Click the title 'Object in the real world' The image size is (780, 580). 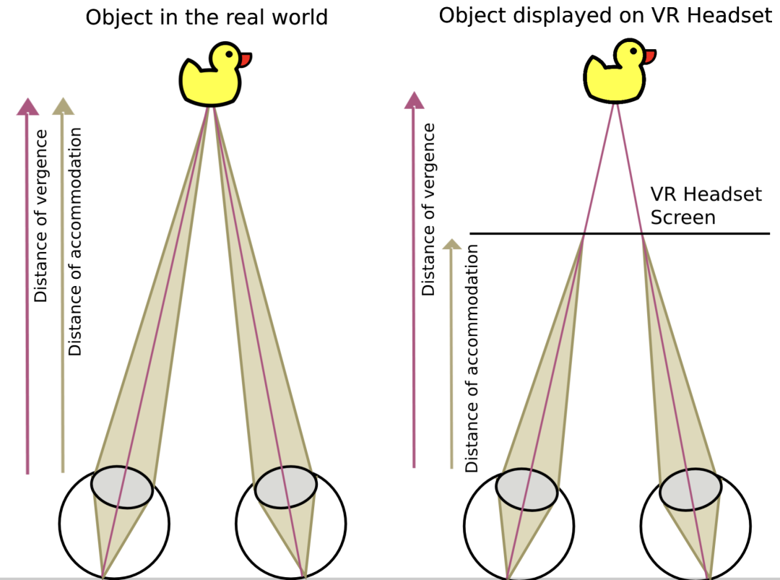(x=207, y=17)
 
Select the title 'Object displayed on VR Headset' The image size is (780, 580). (x=605, y=15)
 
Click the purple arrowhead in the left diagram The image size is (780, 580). (x=27, y=105)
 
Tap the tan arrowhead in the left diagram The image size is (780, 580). (x=64, y=105)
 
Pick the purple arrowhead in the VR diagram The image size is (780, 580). (x=414, y=100)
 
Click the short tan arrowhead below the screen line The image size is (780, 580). (x=451, y=243)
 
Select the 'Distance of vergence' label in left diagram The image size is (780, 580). (x=41, y=216)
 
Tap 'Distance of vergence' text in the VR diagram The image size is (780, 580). (x=429, y=209)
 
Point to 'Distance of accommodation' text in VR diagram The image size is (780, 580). (x=472, y=358)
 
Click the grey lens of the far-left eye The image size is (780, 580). (x=121, y=487)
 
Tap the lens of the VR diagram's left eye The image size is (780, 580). (x=526, y=490)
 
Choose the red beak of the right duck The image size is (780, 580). (x=650, y=56)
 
